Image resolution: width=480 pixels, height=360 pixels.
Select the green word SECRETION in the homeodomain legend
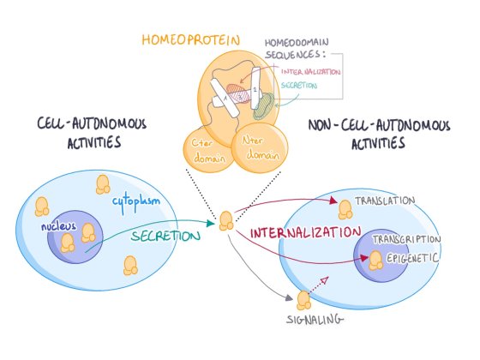[x=298, y=86]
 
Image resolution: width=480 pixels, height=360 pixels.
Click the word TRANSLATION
[x=384, y=201]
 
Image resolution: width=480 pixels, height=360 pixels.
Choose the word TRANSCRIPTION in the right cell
[x=407, y=239]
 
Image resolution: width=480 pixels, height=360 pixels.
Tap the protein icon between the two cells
[x=226, y=221]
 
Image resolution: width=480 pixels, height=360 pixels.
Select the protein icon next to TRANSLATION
[x=345, y=207]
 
